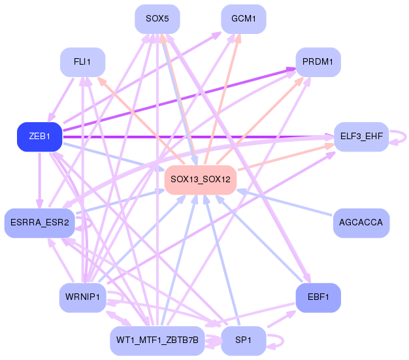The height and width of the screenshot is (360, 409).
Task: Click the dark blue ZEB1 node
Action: click(40, 137)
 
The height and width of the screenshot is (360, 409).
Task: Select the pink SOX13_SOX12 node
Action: click(201, 180)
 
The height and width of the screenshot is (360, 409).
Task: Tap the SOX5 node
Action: click(157, 19)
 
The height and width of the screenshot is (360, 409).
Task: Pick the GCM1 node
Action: click(244, 19)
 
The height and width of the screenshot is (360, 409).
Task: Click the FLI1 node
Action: click(83, 62)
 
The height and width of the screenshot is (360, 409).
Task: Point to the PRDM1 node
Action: click(318, 62)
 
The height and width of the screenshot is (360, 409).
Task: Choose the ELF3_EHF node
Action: click(361, 137)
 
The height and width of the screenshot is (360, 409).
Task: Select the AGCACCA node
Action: click(361, 223)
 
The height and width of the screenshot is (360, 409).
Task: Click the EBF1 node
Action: click(318, 298)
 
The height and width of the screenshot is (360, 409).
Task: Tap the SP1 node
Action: click(244, 340)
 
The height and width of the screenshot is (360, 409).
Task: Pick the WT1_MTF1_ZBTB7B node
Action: click(157, 340)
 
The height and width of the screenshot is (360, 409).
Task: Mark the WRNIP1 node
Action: click(83, 298)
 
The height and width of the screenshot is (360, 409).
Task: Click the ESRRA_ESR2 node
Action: click(40, 223)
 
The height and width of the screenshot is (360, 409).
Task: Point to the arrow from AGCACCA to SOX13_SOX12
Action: click(284, 203)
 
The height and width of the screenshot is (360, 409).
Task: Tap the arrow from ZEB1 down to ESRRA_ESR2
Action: click(40, 180)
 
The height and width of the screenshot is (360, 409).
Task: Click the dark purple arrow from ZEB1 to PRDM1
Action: click(180, 99)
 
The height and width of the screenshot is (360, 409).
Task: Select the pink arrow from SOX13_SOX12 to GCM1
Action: click(221, 99)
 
